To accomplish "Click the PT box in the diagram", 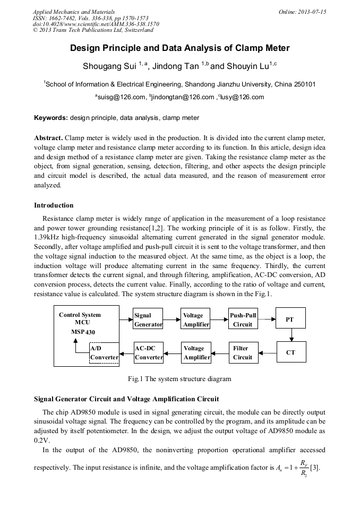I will pos(290,320).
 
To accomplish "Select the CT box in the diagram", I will pos(290,352).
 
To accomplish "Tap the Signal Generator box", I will pos(148,320).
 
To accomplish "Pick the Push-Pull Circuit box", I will pos(243,320).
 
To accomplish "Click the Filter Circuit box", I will pos(243,352).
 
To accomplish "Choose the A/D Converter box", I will pos(104,353).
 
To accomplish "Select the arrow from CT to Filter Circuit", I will pos(268,352).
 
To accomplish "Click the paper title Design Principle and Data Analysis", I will pos(180,48).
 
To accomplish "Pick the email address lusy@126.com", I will pos(242,97).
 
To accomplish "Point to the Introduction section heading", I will pos(54,205).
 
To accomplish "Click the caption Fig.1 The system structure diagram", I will pos(179,379).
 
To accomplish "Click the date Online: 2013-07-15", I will pos(302,12).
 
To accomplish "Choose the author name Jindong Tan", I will pos(178,67).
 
